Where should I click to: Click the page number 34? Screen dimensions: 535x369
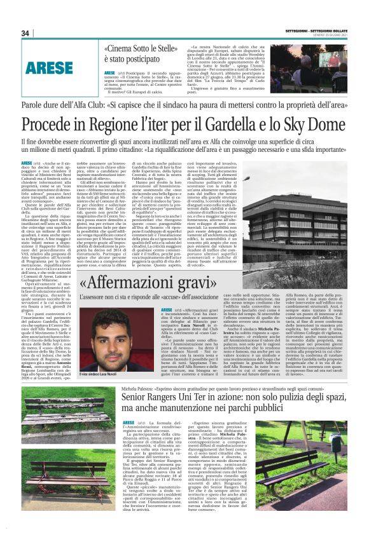tap(25, 33)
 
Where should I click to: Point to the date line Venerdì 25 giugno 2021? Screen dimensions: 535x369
tap(331, 34)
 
